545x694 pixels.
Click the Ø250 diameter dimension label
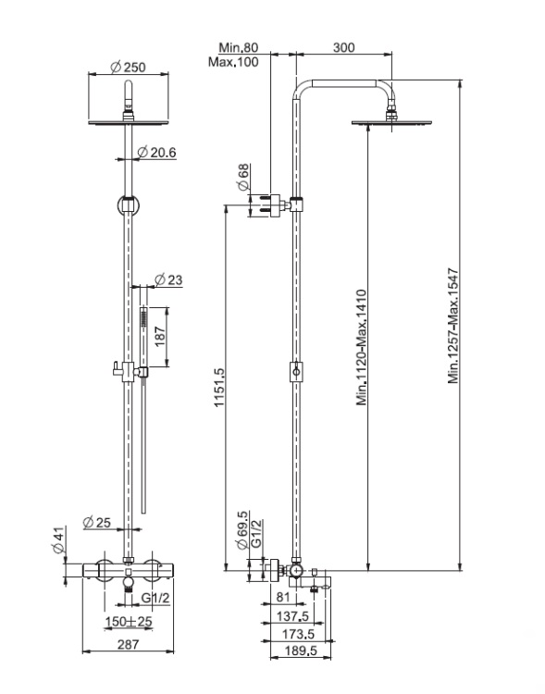tap(128, 67)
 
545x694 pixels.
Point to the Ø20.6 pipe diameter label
tap(156, 153)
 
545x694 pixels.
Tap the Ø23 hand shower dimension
tap(168, 279)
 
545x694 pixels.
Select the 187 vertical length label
tap(160, 337)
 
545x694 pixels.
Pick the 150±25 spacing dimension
tap(129, 622)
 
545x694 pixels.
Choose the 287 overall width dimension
tap(128, 644)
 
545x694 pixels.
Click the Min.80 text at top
tap(238, 47)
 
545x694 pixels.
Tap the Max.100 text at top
tap(233, 61)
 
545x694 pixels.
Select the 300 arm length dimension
tap(343, 47)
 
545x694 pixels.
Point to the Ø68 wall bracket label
tap(243, 178)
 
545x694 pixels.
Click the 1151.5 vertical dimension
tap(219, 388)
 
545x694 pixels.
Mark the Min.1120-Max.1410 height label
tap(362, 347)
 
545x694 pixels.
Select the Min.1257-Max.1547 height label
tap(453, 326)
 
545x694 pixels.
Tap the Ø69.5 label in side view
tap(242, 530)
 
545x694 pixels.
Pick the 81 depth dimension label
tap(283, 598)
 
